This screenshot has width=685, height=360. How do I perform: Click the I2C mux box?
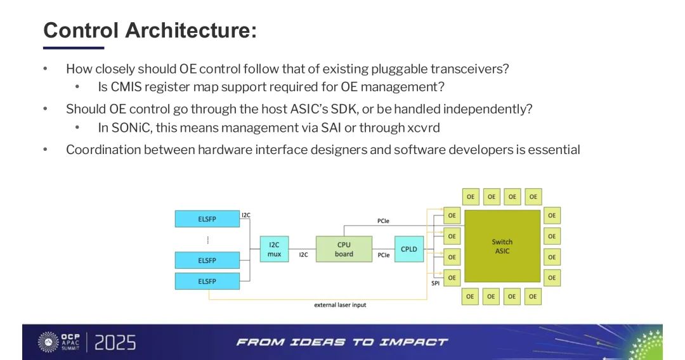(274, 249)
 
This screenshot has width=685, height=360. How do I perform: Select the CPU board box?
(344, 249)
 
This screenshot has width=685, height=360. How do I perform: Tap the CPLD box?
(409, 249)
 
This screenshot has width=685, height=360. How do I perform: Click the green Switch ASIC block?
(502, 247)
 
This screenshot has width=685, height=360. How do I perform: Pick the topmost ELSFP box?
(207, 219)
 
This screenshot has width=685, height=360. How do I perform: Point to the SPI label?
(436, 283)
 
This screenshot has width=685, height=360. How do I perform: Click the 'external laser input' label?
(340, 305)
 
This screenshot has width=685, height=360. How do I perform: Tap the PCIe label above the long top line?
(383, 221)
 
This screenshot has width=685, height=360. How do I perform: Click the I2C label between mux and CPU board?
(303, 255)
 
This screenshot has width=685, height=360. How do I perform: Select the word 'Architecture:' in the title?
(191, 30)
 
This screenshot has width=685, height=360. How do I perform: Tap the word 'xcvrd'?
(423, 127)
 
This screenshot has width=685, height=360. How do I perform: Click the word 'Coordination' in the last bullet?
(103, 150)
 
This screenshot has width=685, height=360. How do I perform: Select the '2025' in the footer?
(115, 343)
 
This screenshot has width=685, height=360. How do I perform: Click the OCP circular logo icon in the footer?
(48, 342)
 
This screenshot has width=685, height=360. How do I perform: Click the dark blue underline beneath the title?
(73, 48)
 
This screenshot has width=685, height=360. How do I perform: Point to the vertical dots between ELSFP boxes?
(207, 240)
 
